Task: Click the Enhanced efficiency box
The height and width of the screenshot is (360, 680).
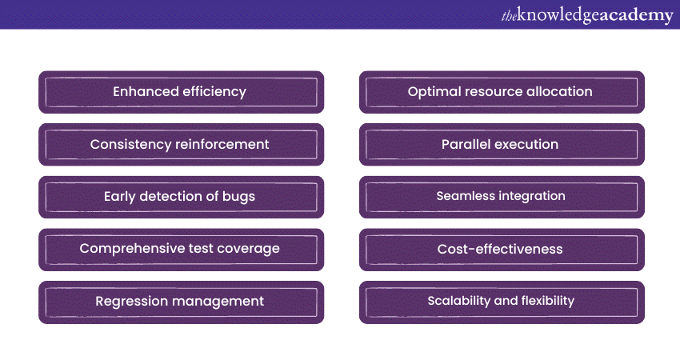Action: pyautogui.click(x=182, y=92)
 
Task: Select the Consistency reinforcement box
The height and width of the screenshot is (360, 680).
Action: pyautogui.click(x=182, y=145)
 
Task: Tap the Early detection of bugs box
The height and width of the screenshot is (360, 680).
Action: pyautogui.click(x=182, y=197)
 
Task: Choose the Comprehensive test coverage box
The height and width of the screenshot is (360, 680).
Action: pyautogui.click(x=182, y=250)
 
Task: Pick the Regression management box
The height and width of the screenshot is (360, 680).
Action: pyautogui.click(x=182, y=302)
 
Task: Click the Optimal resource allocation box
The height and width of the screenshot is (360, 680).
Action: pyautogui.click(x=502, y=92)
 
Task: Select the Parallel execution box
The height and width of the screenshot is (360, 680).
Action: pyautogui.click(x=502, y=145)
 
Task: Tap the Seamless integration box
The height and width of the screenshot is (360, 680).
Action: pyautogui.click(x=502, y=197)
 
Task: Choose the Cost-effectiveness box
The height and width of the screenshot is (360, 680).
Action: pyautogui.click(x=502, y=250)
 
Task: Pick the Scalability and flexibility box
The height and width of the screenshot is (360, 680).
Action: pyautogui.click(x=502, y=302)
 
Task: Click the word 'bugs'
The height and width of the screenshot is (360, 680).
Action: pyautogui.click(x=238, y=197)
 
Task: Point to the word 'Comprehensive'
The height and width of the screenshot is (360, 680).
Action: pyautogui.click(x=133, y=249)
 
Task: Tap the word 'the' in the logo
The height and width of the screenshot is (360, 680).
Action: pyautogui.click(x=509, y=16)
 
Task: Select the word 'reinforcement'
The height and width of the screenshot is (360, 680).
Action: pyautogui.click(x=222, y=144)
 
